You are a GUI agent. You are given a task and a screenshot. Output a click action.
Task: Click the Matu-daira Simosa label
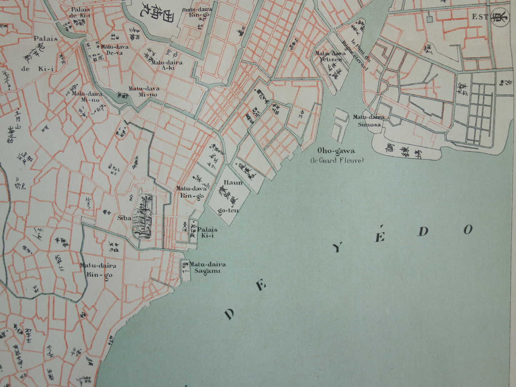pos(369,120)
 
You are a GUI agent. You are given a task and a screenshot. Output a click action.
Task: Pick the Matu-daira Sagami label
pos(207,267)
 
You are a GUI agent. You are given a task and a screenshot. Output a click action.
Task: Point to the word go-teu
pos(229,211)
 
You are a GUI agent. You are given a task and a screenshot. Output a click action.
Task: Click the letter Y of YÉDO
pos(337,248)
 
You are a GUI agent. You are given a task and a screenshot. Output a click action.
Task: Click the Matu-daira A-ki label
pos(167,65)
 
